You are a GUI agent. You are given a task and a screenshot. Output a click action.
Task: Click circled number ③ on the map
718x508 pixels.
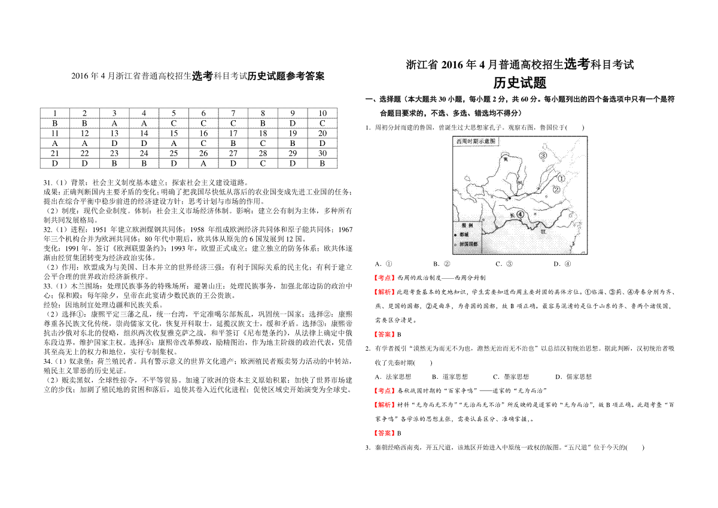coord(544,156)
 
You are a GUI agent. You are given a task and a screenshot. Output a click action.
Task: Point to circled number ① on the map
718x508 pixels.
coord(561,178)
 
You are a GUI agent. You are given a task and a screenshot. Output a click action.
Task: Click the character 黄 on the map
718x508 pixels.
coord(506,160)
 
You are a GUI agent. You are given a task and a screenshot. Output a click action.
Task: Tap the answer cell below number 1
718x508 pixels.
coord(55,123)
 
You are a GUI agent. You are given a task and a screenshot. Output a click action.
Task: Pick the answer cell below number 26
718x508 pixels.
coord(203,163)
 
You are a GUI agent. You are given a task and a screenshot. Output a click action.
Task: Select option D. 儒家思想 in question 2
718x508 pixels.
coord(573,376)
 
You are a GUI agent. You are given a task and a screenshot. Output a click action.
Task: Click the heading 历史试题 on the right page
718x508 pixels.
coord(519,83)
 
